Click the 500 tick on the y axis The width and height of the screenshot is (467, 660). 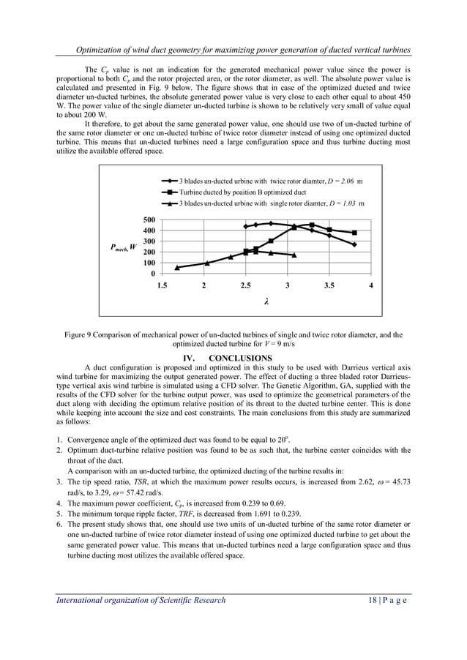[148, 220]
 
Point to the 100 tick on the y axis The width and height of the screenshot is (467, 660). [148, 263]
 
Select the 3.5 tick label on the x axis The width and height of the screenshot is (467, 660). [330, 285]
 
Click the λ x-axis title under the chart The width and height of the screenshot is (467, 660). [266, 301]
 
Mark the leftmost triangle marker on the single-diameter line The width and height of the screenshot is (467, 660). [177, 268]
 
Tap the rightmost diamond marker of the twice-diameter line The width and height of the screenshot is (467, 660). [354, 244]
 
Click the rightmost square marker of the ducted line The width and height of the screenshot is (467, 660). [354, 233]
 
